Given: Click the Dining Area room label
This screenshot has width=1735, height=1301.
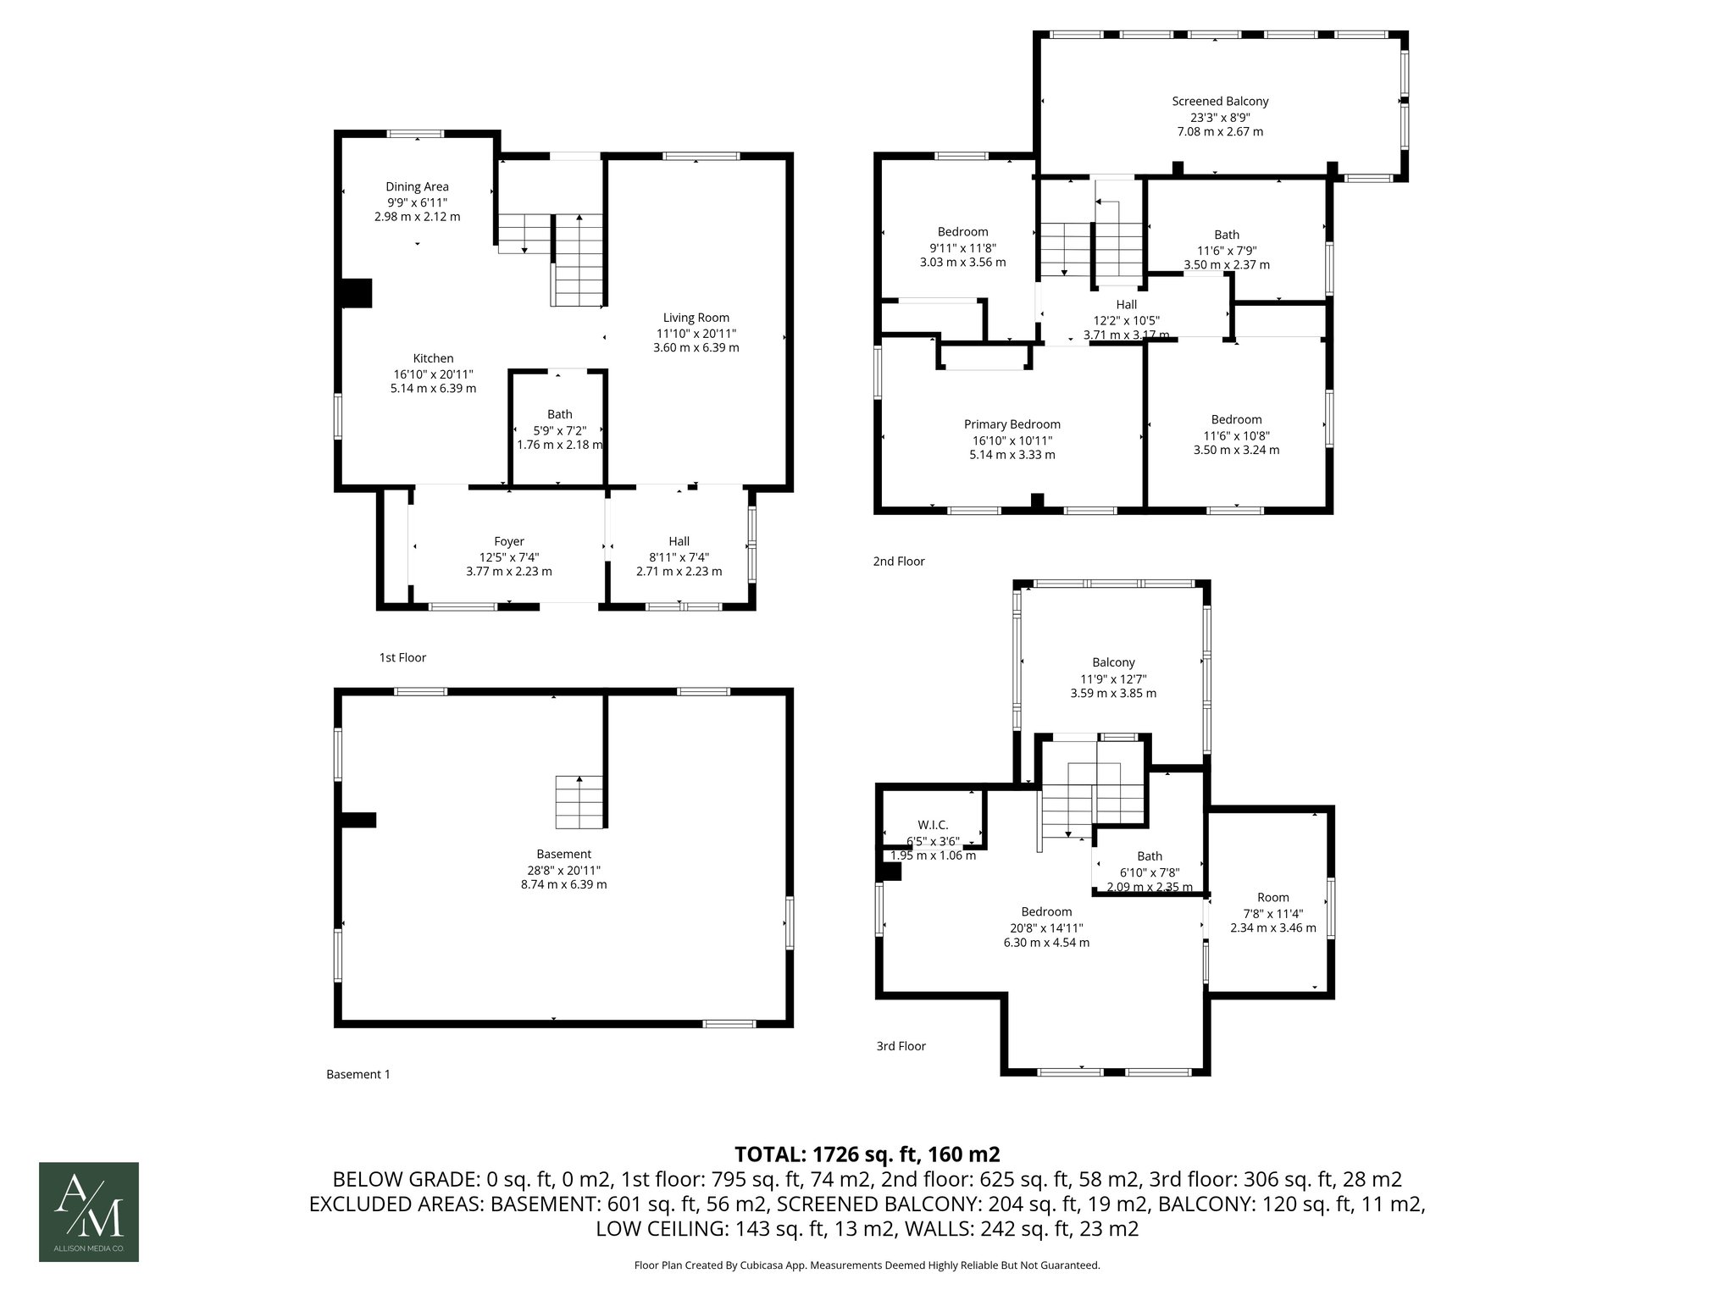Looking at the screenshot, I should coord(417,187).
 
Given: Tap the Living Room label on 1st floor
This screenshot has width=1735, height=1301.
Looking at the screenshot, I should coord(696,318).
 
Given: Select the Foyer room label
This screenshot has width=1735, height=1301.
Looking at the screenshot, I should coord(509,542).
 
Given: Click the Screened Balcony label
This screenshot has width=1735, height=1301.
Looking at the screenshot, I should coord(1220,102).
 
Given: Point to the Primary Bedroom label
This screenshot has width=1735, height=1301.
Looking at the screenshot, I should coord(1012,425).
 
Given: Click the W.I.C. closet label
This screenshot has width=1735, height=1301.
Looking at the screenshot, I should coord(933,825).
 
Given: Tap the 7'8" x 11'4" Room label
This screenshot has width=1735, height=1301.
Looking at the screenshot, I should coord(1272,898).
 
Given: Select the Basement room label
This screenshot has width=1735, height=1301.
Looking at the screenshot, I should coord(563,855).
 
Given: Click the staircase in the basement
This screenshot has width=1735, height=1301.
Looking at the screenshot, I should coord(579,802).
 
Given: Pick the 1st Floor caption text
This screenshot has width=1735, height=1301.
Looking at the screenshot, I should coord(402,657).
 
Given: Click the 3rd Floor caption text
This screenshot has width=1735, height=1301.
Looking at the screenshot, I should coord(901,1046).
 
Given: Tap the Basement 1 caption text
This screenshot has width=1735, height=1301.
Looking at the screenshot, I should coord(358,1074).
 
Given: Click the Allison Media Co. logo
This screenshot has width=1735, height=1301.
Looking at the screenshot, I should coord(89,1211).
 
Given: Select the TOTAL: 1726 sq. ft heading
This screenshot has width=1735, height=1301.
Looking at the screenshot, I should coord(867,1154).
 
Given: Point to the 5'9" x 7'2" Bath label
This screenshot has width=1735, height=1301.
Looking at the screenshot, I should coord(559,415).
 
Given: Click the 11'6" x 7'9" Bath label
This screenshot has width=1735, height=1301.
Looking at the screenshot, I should coord(1226,235).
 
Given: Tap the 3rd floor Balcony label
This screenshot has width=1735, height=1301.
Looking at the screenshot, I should coord(1113,663).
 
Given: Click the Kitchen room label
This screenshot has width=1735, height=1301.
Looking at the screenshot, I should coord(433,359).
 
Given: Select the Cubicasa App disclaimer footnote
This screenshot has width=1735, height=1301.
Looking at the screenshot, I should coord(867,1265).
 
